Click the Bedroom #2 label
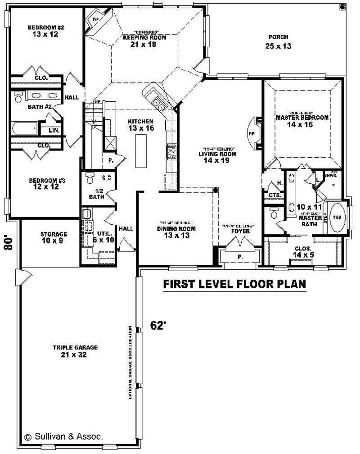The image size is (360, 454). pyautogui.click(x=45, y=27)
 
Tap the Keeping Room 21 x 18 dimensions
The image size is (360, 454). pyautogui.click(x=145, y=45)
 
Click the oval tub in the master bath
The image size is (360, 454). pyautogui.click(x=338, y=217)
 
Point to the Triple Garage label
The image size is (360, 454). pyautogui.click(x=75, y=348)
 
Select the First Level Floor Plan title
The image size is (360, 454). pyautogui.click(x=234, y=284)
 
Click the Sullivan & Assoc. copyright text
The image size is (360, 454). pyautogui.click(x=63, y=436)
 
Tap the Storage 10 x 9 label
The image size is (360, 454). pyautogui.click(x=54, y=234)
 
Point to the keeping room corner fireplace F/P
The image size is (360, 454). pyautogui.click(x=96, y=20)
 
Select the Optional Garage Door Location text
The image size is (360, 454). pyautogui.click(x=130, y=362)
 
